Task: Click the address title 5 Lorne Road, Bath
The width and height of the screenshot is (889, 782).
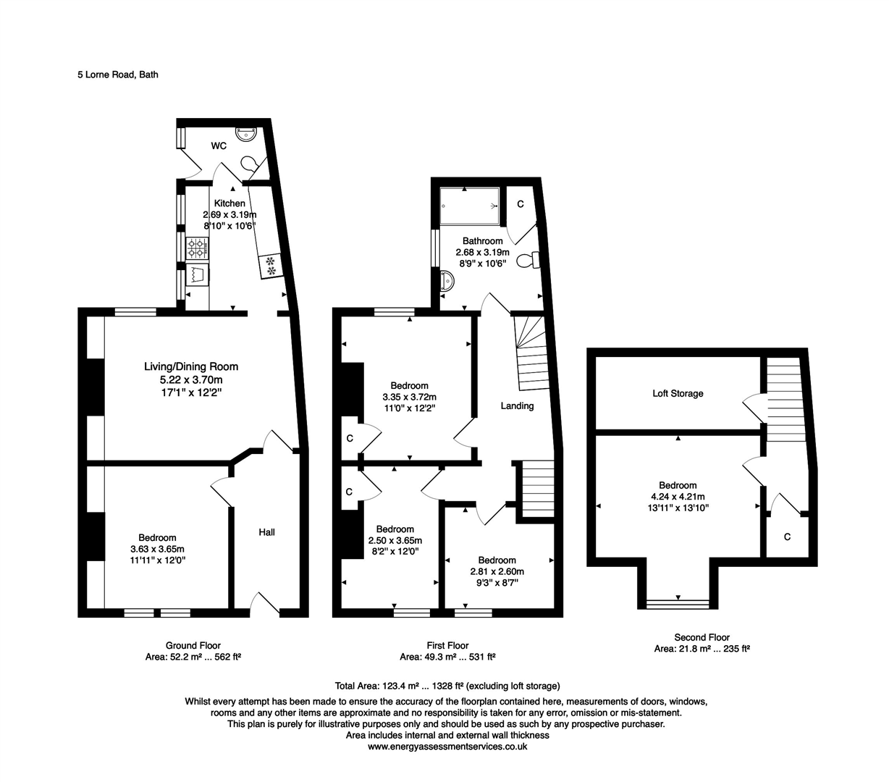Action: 118,74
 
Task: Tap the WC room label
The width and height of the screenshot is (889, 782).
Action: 219,146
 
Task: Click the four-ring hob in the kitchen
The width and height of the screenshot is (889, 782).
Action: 197,250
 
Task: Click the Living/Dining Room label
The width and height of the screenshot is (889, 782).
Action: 191,366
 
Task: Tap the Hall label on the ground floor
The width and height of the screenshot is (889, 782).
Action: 266,532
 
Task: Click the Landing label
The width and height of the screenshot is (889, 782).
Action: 517,406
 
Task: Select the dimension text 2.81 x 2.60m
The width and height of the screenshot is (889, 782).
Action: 497,571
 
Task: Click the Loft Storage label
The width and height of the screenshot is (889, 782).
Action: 678,394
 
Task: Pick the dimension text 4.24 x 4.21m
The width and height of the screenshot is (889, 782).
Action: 678,497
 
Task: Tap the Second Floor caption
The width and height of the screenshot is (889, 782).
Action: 701,637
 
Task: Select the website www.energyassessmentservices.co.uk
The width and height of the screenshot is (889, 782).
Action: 447,747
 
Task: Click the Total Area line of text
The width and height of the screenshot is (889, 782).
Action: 447,686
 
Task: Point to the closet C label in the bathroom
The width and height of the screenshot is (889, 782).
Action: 520,205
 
